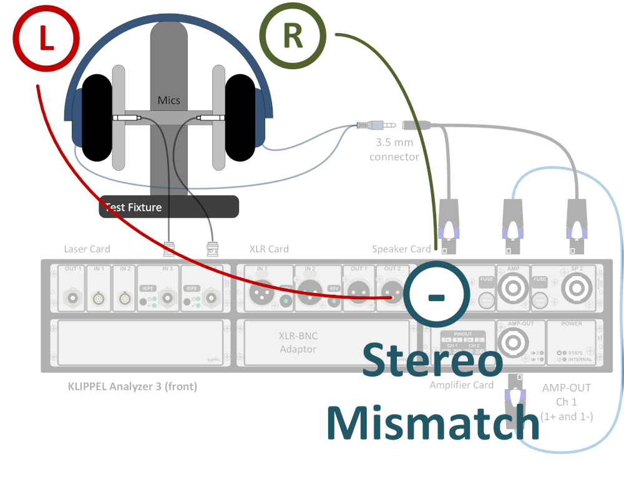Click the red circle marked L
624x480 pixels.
tap(46, 37)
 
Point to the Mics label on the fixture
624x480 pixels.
tap(169, 100)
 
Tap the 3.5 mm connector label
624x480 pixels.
tap(394, 150)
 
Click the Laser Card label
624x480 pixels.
tap(87, 249)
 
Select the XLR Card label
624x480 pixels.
tap(269, 249)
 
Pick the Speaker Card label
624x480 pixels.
tap(401, 249)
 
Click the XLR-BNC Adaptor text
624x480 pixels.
tap(298, 342)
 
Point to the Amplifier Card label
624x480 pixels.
tap(461, 385)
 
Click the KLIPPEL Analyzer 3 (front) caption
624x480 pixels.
tap(132, 386)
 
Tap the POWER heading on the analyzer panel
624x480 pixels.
tap(572, 324)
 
